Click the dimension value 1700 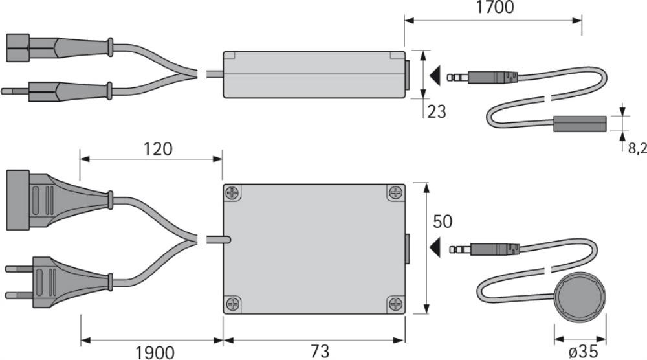495,7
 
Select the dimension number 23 437,111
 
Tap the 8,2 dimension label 637,148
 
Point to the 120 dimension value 158,149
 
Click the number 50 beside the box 443,221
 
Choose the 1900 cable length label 155,353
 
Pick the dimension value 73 320,352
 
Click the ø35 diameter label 583,352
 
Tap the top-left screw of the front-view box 233,192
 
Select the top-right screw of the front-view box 396,192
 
